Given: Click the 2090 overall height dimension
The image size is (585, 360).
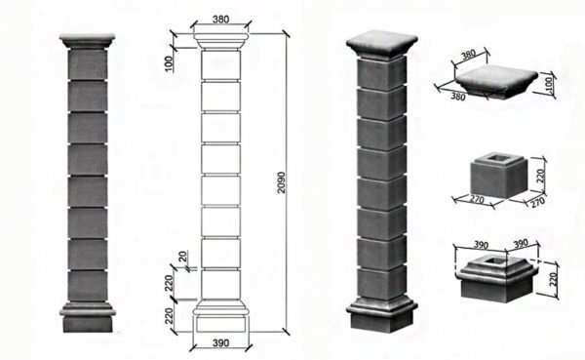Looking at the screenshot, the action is pos(282,182).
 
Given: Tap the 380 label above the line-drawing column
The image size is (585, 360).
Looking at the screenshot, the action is pos(221,20).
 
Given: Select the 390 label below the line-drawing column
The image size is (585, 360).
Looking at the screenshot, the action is pos(221,342).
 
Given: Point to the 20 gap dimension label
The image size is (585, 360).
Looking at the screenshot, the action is pos(182,257).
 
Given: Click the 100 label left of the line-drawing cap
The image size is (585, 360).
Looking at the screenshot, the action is pos(169,63).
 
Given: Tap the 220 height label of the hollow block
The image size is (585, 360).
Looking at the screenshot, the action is pos(540,176).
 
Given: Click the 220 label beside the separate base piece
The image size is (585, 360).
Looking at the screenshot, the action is pos(553,279).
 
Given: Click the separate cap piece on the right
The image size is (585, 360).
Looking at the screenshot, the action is pos(496,80).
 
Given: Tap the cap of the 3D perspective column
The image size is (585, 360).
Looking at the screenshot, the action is pos(381,45).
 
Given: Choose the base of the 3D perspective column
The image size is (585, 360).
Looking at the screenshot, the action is pos(381,314).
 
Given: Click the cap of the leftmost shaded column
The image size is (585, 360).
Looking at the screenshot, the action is pos(87,41).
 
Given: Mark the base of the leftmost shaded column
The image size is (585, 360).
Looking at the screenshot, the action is pos(88,317).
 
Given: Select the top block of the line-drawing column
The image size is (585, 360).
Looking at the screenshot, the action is pos(221,64).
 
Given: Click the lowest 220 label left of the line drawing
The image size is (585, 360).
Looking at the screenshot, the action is pos(169,316).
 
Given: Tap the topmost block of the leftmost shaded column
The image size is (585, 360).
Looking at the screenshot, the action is pos(88,63).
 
